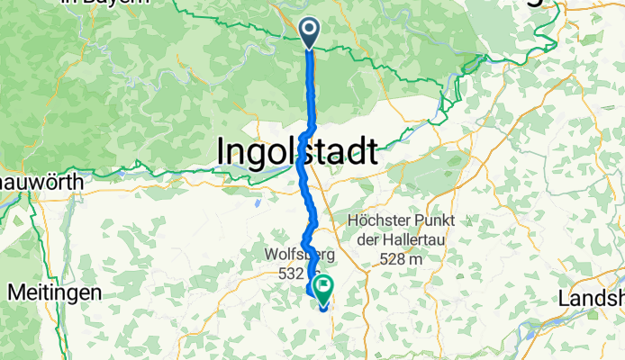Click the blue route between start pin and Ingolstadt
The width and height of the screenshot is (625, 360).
point(312,90)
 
